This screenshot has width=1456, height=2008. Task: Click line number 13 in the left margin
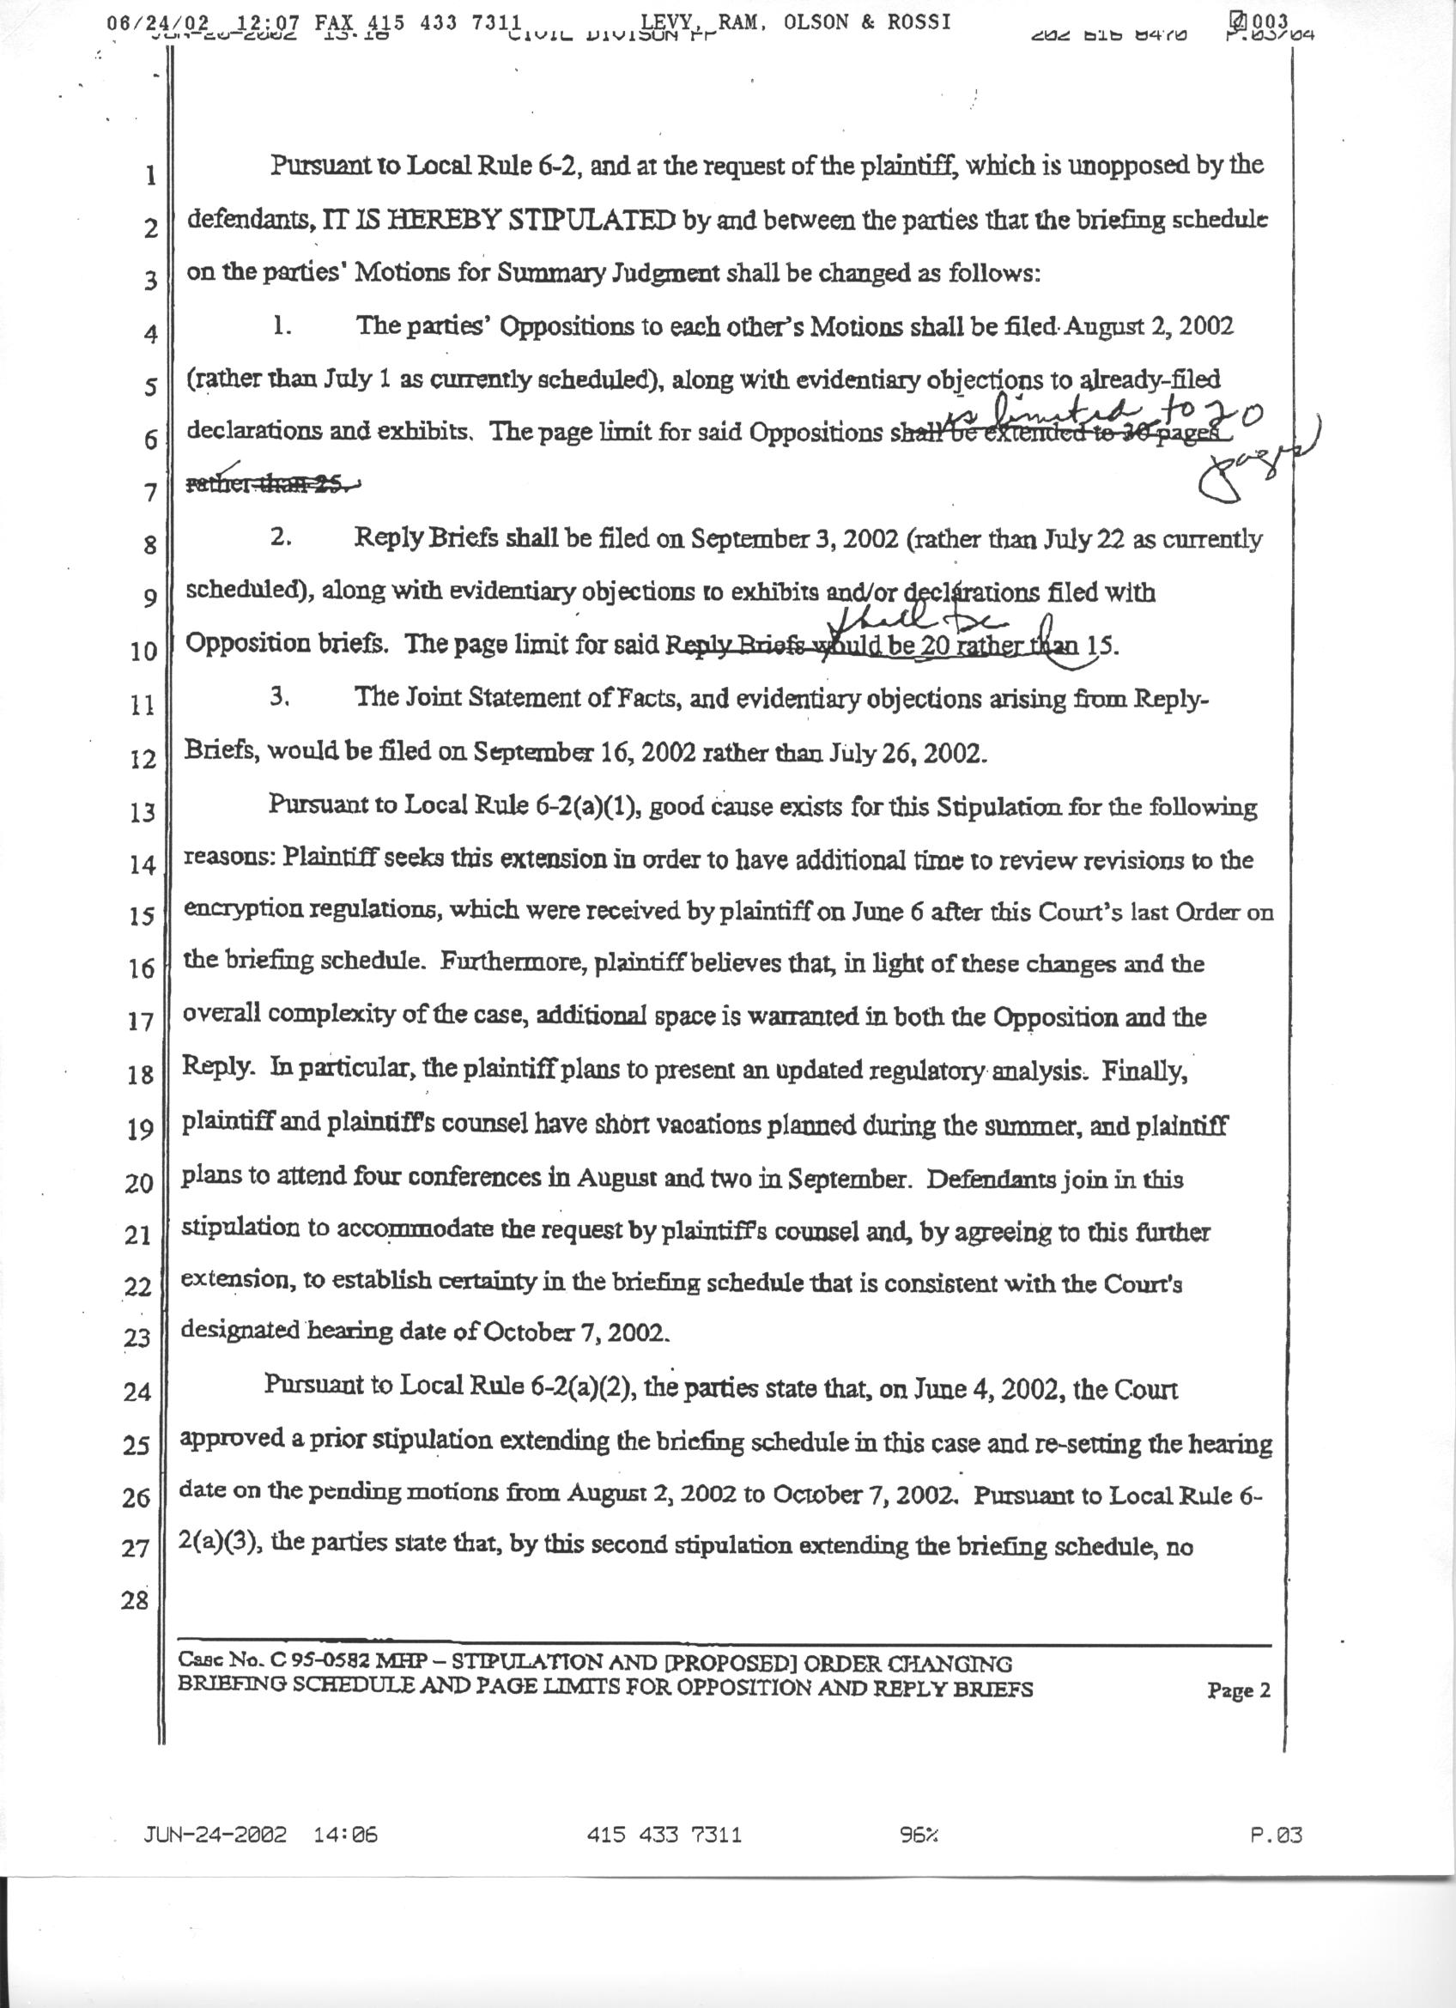tap(142, 813)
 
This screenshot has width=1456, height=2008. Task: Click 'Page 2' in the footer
tap(1238, 1691)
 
